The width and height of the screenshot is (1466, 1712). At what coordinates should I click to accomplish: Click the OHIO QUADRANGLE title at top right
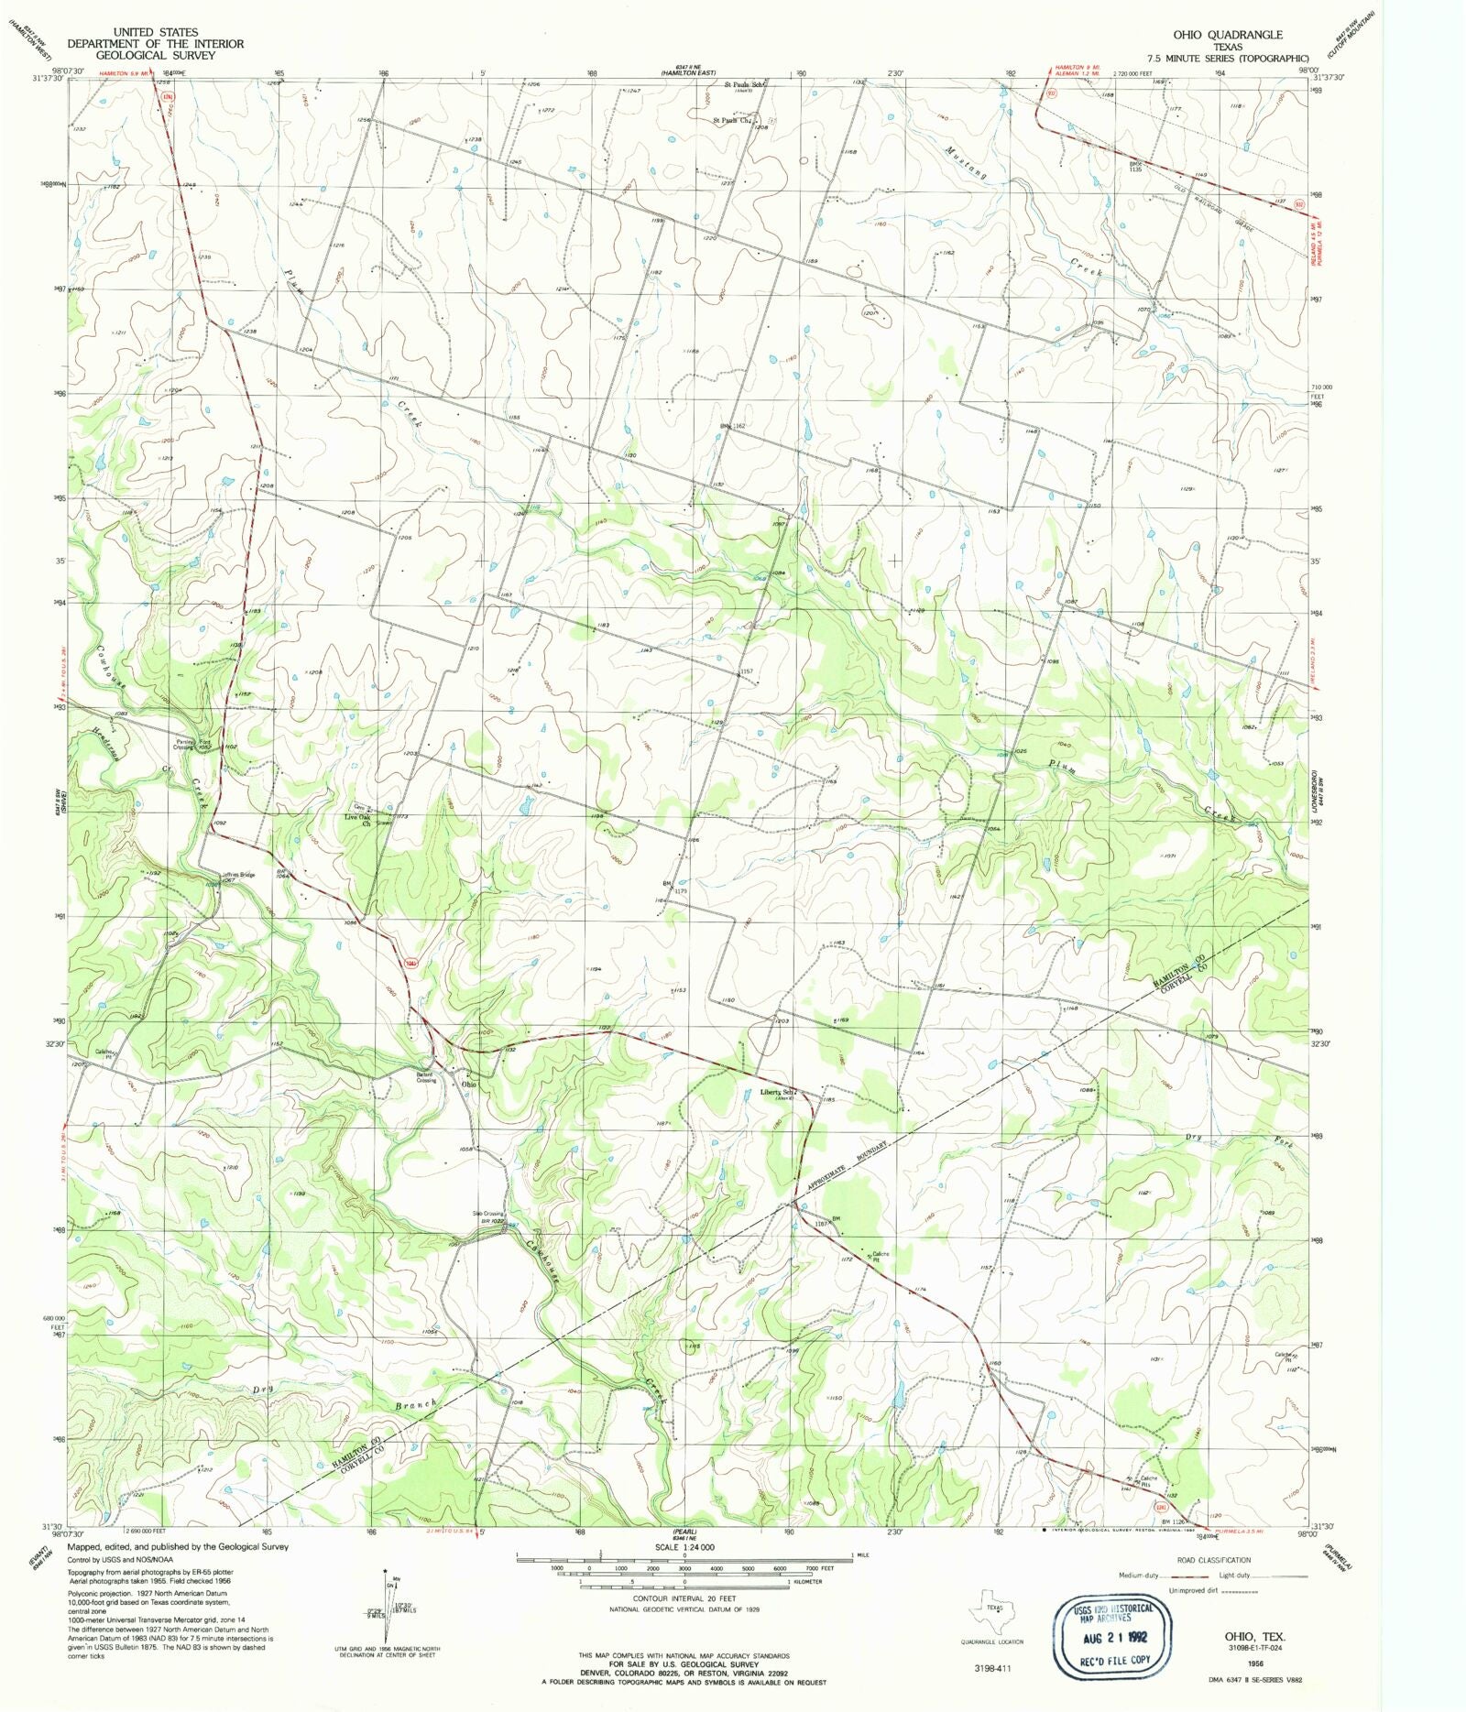pyautogui.click(x=1228, y=35)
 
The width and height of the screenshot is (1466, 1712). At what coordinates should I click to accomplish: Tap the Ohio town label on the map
pyautogui.click(x=469, y=1085)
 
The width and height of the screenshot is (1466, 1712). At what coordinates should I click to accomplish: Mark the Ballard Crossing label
pyautogui.click(x=426, y=1077)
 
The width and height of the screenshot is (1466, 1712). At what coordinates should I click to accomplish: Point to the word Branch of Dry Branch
pyautogui.click(x=420, y=1405)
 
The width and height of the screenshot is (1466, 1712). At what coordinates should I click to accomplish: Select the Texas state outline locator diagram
pyautogui.click(x=995, y=1608)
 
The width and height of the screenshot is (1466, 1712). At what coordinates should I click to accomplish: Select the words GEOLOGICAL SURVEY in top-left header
pyautogui.click(x=155, y=55)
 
